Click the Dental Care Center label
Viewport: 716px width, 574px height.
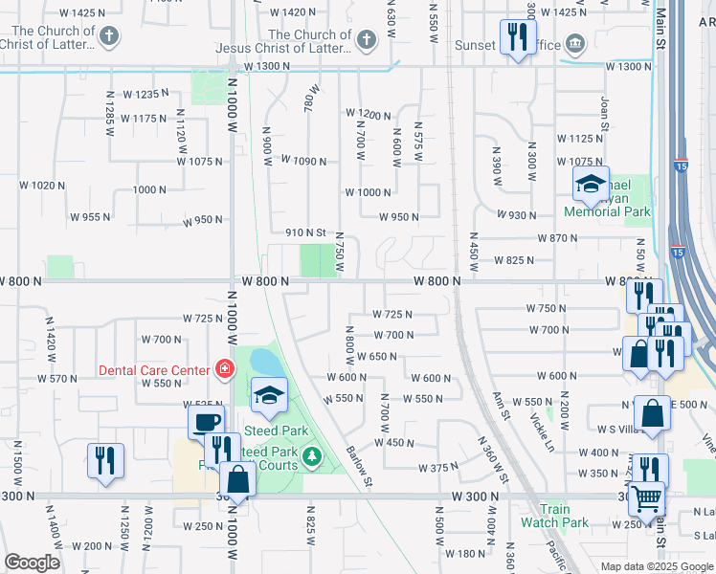153,370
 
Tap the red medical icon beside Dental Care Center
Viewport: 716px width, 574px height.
225,368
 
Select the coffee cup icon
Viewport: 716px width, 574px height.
207,422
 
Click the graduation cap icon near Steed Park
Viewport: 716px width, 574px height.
270,394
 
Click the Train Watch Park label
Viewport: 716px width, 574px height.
554,516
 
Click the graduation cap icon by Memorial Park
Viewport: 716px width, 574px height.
591,185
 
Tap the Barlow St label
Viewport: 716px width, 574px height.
357,463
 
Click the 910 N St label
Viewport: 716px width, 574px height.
306,232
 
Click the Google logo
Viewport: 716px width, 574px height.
32,563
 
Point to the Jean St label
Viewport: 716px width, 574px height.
604,112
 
